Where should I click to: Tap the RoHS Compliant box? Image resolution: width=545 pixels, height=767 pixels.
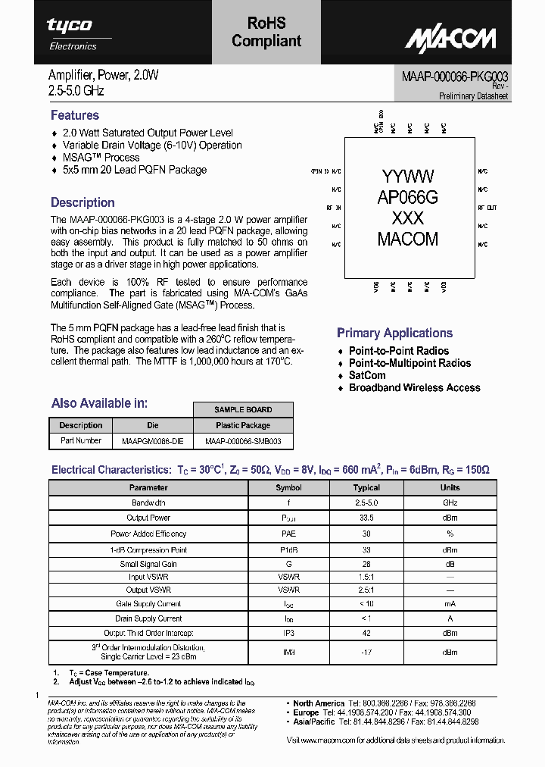(x=266, y=33)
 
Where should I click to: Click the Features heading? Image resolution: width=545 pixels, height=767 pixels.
(x=75, y=115)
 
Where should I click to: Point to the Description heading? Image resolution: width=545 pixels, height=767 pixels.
(x=83, y=202)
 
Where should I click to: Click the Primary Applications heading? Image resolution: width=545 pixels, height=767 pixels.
(x=394, y=333)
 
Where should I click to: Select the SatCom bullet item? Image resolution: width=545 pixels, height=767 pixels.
(x=367, y=375)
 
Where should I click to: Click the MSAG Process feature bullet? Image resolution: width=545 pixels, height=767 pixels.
(x=101, y=158)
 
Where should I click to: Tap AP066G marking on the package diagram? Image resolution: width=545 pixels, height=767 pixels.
(x=408, y=198)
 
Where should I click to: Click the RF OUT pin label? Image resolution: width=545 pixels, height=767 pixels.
(x=487, y=207)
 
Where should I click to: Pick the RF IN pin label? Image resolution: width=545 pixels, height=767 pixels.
(x=334, y=207)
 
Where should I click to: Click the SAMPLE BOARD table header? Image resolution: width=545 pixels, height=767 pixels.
(x=243, y=409)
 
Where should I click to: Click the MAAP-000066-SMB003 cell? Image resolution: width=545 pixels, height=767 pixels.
(x=243, y=440)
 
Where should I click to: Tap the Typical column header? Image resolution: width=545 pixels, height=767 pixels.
(x=366, y=487)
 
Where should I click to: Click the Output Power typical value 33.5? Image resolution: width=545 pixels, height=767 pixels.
(x=366, y=518)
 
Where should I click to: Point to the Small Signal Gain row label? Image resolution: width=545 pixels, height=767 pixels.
(x=148, y=564)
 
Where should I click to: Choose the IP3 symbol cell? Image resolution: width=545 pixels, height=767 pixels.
(x=288, y=633)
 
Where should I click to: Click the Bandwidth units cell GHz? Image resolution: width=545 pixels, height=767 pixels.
(x=450, y=502)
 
